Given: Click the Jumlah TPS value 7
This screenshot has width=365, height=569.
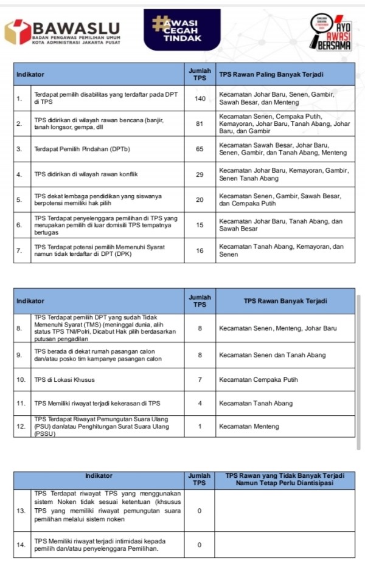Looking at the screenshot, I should click(x=200, y=380).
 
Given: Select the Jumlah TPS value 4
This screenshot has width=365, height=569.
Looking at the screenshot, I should click(x=200, y=403).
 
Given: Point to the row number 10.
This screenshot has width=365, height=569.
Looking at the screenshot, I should click(x=20, y=380).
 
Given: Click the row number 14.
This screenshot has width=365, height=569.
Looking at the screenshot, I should click(x=20, y=545).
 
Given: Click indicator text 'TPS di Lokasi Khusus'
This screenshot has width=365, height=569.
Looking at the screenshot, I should click(x=64, y=380).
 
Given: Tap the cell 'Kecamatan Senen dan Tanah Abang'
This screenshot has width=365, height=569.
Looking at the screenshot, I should click(x=272, y=355).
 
